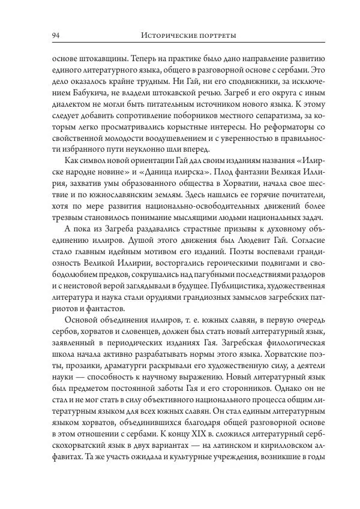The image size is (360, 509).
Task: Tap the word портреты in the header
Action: pos(218,36)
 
